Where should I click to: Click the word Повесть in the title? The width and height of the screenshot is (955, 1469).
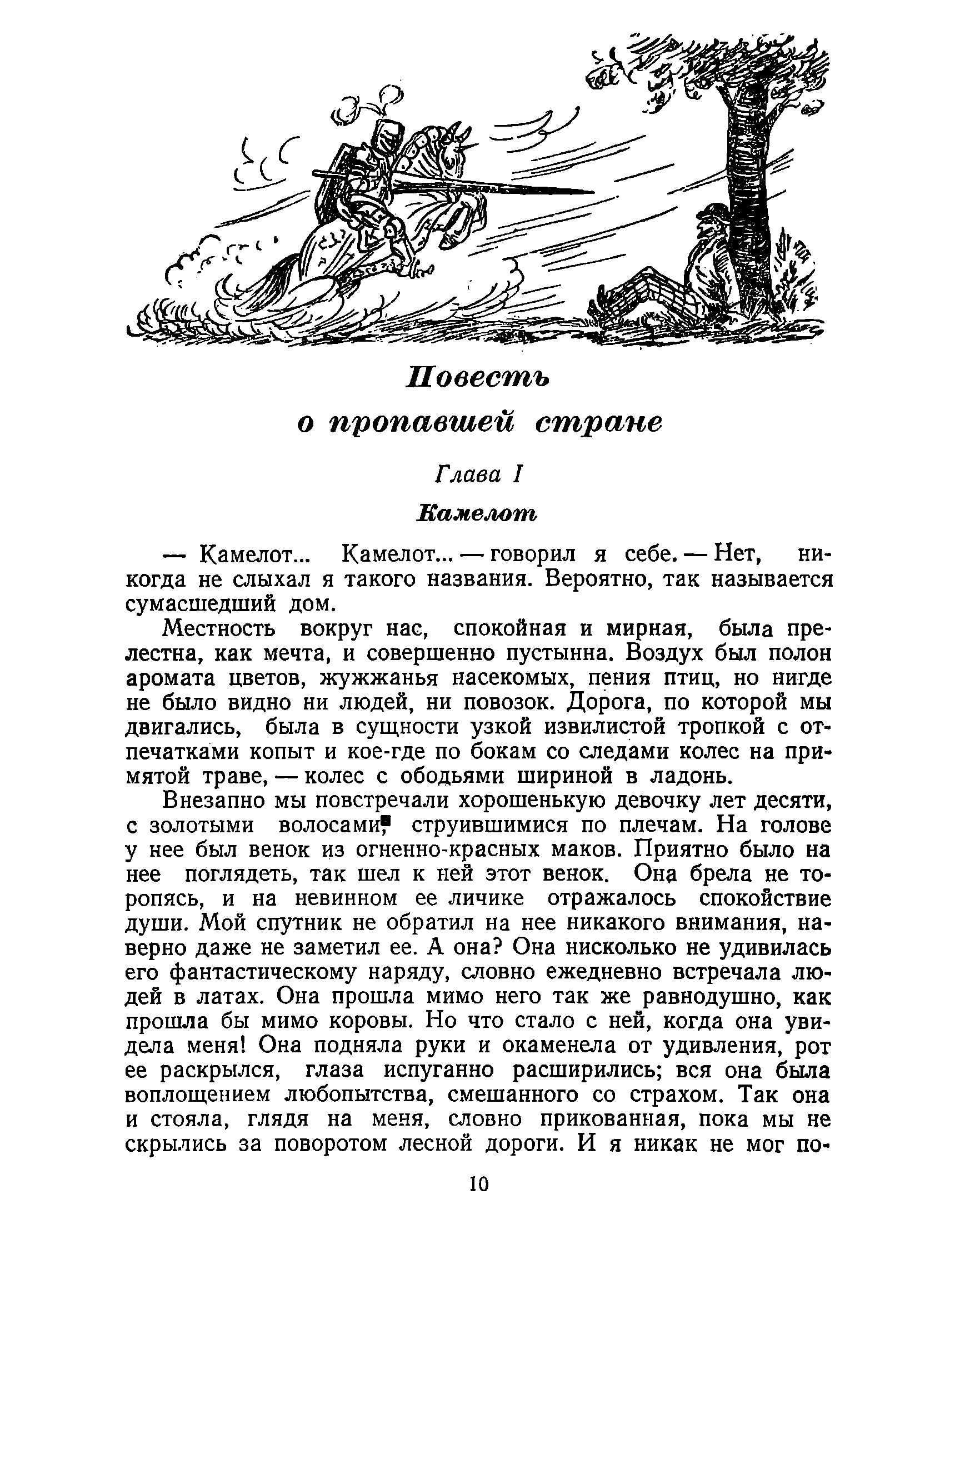477,378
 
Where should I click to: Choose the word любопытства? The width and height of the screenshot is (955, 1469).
361,1095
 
